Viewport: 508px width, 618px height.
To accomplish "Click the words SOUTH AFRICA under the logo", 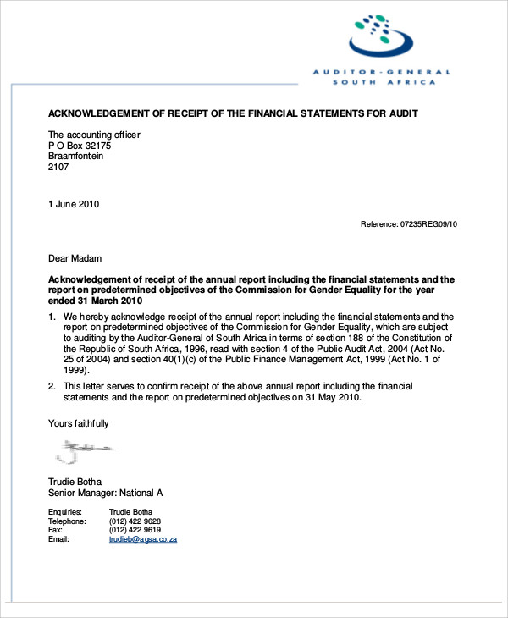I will coord(384,82).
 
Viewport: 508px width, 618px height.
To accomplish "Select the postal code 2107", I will coord(58,168).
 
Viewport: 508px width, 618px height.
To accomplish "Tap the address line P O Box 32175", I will coord(80,146).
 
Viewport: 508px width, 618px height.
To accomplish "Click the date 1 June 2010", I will coord(74,204).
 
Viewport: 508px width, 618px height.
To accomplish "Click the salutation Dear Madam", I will coord(75,258).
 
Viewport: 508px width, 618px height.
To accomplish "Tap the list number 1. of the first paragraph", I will coord(52,317).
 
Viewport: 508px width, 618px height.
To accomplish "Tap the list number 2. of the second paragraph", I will coord(52,386).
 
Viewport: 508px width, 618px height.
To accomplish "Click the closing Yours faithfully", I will coord(78,423).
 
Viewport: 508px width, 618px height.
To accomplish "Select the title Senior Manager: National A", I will coord(105,493).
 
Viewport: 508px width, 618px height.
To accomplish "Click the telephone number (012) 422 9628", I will coord(135,521).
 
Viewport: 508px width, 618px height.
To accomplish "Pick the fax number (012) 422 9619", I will coord(135,530).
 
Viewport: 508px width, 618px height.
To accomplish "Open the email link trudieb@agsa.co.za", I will coord(142,539).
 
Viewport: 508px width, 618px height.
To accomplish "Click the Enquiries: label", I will coord(65,511).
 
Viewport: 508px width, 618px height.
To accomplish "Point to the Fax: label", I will coord(56,530).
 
